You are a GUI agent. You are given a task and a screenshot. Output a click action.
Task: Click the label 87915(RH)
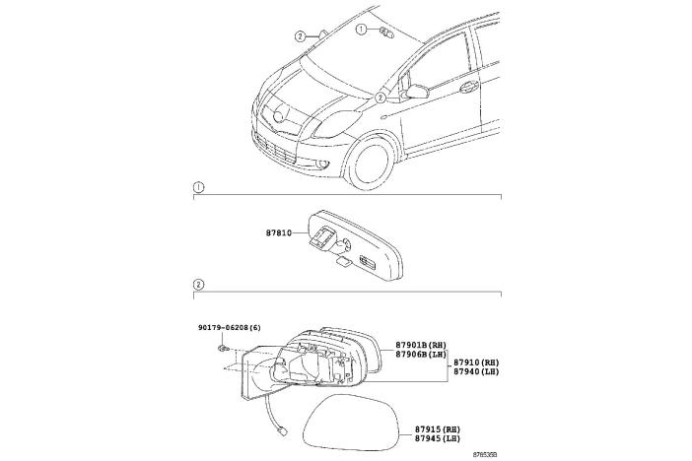[437, 429]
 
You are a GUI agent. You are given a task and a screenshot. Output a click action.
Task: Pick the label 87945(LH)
[437, 440]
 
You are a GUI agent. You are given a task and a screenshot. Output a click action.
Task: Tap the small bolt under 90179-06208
[227, 348]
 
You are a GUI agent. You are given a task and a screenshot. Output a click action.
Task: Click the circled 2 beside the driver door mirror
[381, 99]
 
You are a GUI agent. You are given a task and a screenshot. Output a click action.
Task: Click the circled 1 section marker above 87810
[198, 186]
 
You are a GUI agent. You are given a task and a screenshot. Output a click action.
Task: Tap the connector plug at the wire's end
[283, 430]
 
